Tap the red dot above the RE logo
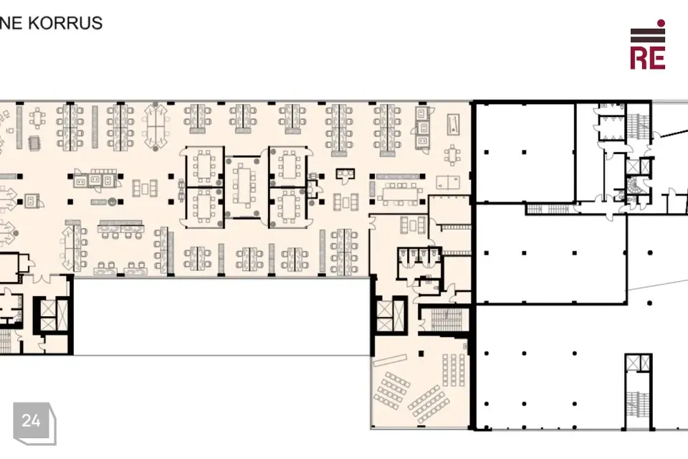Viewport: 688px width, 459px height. coord(661,23)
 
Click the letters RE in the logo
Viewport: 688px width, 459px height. coord(648,57)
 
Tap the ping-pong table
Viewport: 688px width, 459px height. coord(449,181)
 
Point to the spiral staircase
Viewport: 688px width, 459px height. coord(633,185)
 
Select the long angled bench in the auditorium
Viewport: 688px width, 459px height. coord(390,360)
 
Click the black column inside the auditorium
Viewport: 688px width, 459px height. coord(421,353)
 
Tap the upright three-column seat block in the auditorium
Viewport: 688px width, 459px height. coord(454,370)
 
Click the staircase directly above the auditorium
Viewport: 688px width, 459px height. coord(447,320)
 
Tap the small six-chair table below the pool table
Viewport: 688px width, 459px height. coord(452,156)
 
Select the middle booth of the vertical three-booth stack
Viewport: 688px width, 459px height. coord(423,128)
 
